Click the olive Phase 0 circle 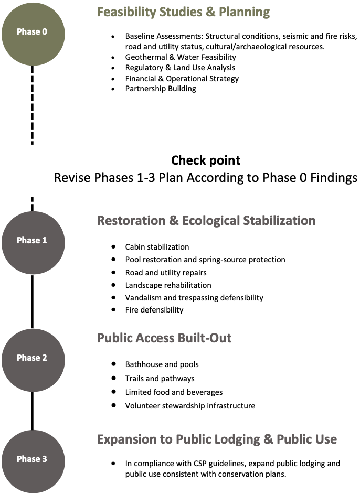tap(32, 32)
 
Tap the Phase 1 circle tap(32, 241)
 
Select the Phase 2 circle tap(32, 358)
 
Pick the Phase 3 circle tap(32, 459)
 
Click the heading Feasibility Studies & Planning tap(183, 12)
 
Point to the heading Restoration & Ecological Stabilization tap(206, 221)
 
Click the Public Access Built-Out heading tap(164, 338)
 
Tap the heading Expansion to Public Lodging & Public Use tap(217, 439)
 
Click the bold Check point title tap(206, 160)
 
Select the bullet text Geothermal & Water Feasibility tap(181, 57)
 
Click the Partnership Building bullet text tap(161, 89)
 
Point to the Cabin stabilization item tap(157, 247)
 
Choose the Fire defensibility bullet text tap(154, 310)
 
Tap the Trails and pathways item tap(160, 379)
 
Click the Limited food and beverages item tap(174, 392)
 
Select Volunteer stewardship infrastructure tap(190, 406)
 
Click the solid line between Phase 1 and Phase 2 tap(32, 299)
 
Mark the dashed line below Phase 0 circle tap(32, 105)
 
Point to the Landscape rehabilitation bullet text tap(168, 285)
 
